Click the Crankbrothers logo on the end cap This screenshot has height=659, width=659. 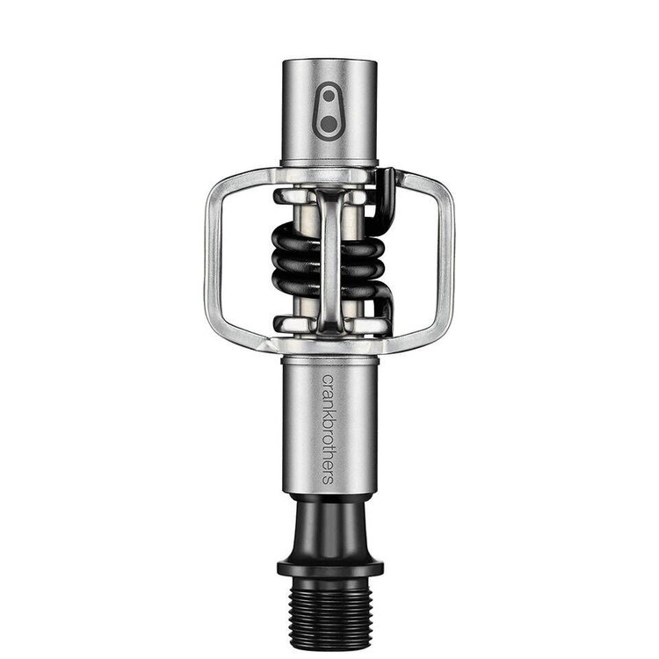tap(329, 112)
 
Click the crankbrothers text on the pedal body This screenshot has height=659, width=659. tap(328, 430)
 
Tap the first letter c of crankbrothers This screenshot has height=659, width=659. tap(328, 379)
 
